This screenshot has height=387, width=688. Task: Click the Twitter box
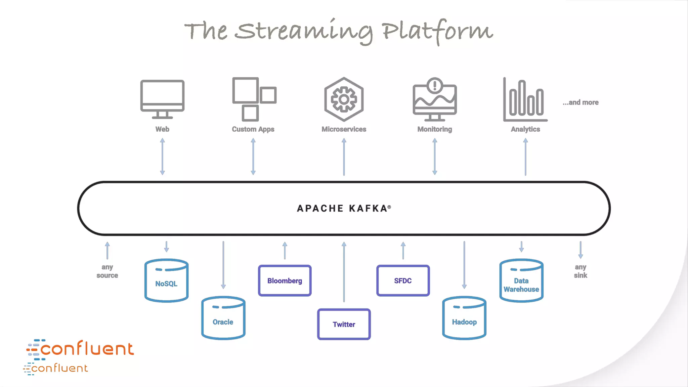click(x=344, y=324)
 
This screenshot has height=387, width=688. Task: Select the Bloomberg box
click(x=285, y=281)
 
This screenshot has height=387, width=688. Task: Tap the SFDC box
click(x=403, y=281)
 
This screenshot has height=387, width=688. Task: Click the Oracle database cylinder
click(x=223, y=318)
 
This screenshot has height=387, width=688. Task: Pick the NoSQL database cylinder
click(x=166, y=281)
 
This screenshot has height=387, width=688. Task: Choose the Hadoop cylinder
click(x=464, y=318)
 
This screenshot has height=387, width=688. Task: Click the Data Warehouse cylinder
click(x=521, y=281)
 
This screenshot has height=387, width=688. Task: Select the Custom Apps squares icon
click(x=254, y=99)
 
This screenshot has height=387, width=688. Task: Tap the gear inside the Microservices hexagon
click(x=344, y=99)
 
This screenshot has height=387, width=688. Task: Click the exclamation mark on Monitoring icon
click(x=435, y=85)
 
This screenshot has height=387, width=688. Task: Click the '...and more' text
click(x=580, y=102)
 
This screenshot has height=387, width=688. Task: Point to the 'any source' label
click(x=107, y=271)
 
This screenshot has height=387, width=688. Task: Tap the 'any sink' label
click(x=580, y=271)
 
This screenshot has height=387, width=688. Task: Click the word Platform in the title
click(x=437, y=31)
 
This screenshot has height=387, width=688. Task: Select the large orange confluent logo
click(x=81, y=349)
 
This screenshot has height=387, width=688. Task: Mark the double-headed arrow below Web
click(x=162, y=157)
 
